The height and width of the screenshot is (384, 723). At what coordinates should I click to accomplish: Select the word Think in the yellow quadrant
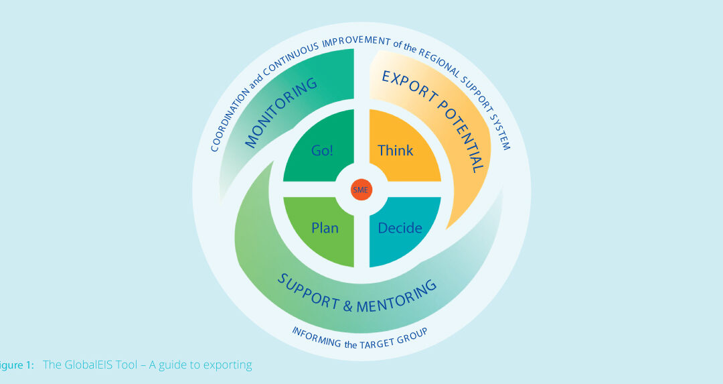pyautogui.click(x=396, y=150)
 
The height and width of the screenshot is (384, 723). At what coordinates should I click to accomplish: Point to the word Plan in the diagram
pyautogui.click(x=325, y=228)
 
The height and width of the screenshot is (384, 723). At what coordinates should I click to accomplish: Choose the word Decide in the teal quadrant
pyautogui.click(x=400, y=228)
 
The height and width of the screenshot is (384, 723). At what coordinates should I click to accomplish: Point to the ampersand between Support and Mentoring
pyautogui.click(x=347, y=307)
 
